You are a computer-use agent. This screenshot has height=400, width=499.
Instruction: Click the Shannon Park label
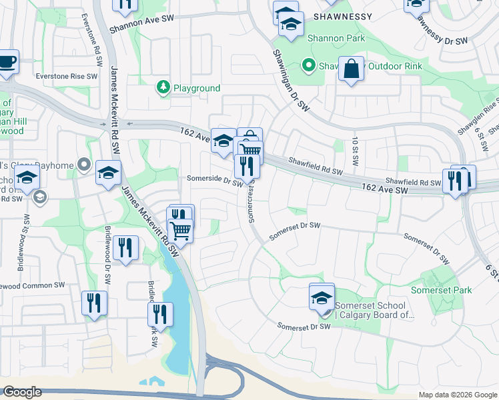tap(336, 39)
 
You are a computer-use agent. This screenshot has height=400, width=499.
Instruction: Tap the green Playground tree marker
tap(163, 87)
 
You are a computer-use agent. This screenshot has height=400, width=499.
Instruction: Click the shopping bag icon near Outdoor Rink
tap(351, 68)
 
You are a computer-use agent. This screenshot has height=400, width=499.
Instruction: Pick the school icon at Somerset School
tap(322, 297)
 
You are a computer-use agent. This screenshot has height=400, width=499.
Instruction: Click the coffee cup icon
tap(7, 61)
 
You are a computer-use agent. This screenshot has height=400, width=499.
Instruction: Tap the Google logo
tap(22, 392)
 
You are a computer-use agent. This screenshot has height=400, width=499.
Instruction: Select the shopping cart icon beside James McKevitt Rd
tap(180, 231)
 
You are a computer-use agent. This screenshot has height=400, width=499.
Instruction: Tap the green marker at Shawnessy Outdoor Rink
tap(308, 65)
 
